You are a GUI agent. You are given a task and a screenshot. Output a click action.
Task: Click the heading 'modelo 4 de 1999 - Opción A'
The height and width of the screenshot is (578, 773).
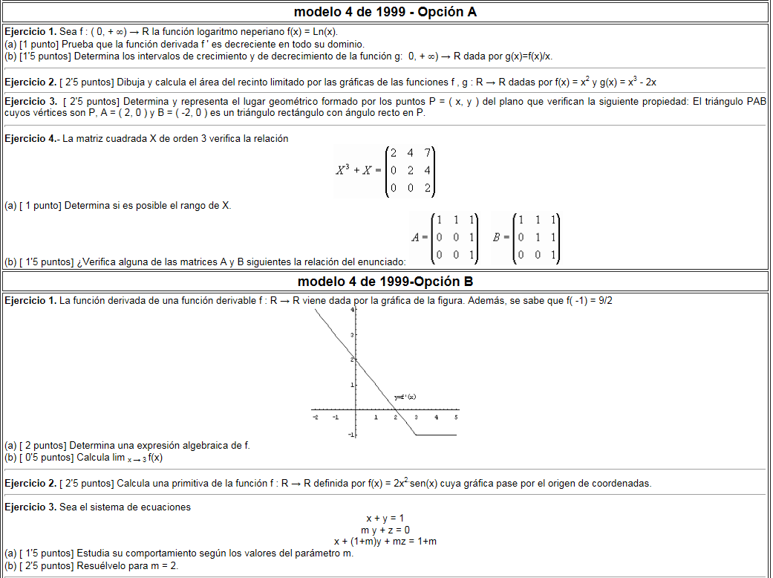pos(385,12)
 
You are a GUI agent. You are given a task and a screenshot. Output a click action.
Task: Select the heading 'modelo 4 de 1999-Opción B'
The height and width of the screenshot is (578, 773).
pos(385,282)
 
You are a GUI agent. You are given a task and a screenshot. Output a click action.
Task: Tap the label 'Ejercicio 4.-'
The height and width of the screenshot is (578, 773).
pos(32,139)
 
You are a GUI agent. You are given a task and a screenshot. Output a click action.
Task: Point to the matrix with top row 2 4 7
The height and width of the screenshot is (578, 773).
pos(410,171)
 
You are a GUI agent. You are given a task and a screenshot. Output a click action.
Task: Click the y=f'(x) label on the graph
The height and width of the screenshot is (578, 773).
pos(405,397)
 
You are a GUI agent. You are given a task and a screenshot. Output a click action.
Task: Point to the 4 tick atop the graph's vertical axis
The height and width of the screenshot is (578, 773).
pos(353,310)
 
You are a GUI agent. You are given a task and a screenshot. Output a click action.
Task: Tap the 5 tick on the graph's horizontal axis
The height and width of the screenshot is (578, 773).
pos(456,418)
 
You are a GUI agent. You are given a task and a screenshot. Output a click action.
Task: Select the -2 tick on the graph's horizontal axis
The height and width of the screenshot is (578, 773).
pos(316,418)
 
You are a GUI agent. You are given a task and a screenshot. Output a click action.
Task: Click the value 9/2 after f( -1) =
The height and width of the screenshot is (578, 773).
pos(605,300)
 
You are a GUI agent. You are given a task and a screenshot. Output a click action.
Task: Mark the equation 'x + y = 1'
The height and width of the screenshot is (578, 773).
pos(385,518)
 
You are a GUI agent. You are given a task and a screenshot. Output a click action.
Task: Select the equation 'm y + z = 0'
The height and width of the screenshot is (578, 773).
pos(385,530)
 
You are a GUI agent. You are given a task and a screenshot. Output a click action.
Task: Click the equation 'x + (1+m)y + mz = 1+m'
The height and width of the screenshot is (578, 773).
pos(385,542)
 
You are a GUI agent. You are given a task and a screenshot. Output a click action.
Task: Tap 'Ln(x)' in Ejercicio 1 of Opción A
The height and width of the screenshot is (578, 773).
pos(324,32)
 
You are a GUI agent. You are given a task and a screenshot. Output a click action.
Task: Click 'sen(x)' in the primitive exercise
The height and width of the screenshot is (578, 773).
pos(424,484)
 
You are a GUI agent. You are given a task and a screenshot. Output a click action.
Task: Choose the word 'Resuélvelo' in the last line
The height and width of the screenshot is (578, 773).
pos(100,565)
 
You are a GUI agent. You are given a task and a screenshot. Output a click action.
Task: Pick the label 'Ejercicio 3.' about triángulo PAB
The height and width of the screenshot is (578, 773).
pos(30,102)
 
